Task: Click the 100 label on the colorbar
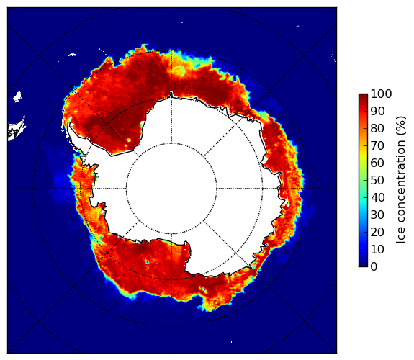(381, 94)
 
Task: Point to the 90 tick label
(377, 111)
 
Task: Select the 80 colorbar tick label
(377, 128)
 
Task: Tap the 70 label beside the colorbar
(377, 145)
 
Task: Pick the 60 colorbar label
(377, 163)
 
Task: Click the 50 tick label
(377, 181)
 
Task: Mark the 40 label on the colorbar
(377, 197)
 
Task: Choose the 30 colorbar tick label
(377, 215)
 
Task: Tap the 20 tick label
(377, 232)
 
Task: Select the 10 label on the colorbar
(377, 249)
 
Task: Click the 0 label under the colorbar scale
(374, 267)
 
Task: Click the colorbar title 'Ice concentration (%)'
(401, 180)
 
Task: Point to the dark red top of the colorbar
(363, 96)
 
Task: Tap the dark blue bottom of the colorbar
(363, 264)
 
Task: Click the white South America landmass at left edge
(16, 131)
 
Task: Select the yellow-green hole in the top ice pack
(181, 70)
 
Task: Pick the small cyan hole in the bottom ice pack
(147, 262)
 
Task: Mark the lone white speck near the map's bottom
(232, 342)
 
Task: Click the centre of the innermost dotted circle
(171, 189)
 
